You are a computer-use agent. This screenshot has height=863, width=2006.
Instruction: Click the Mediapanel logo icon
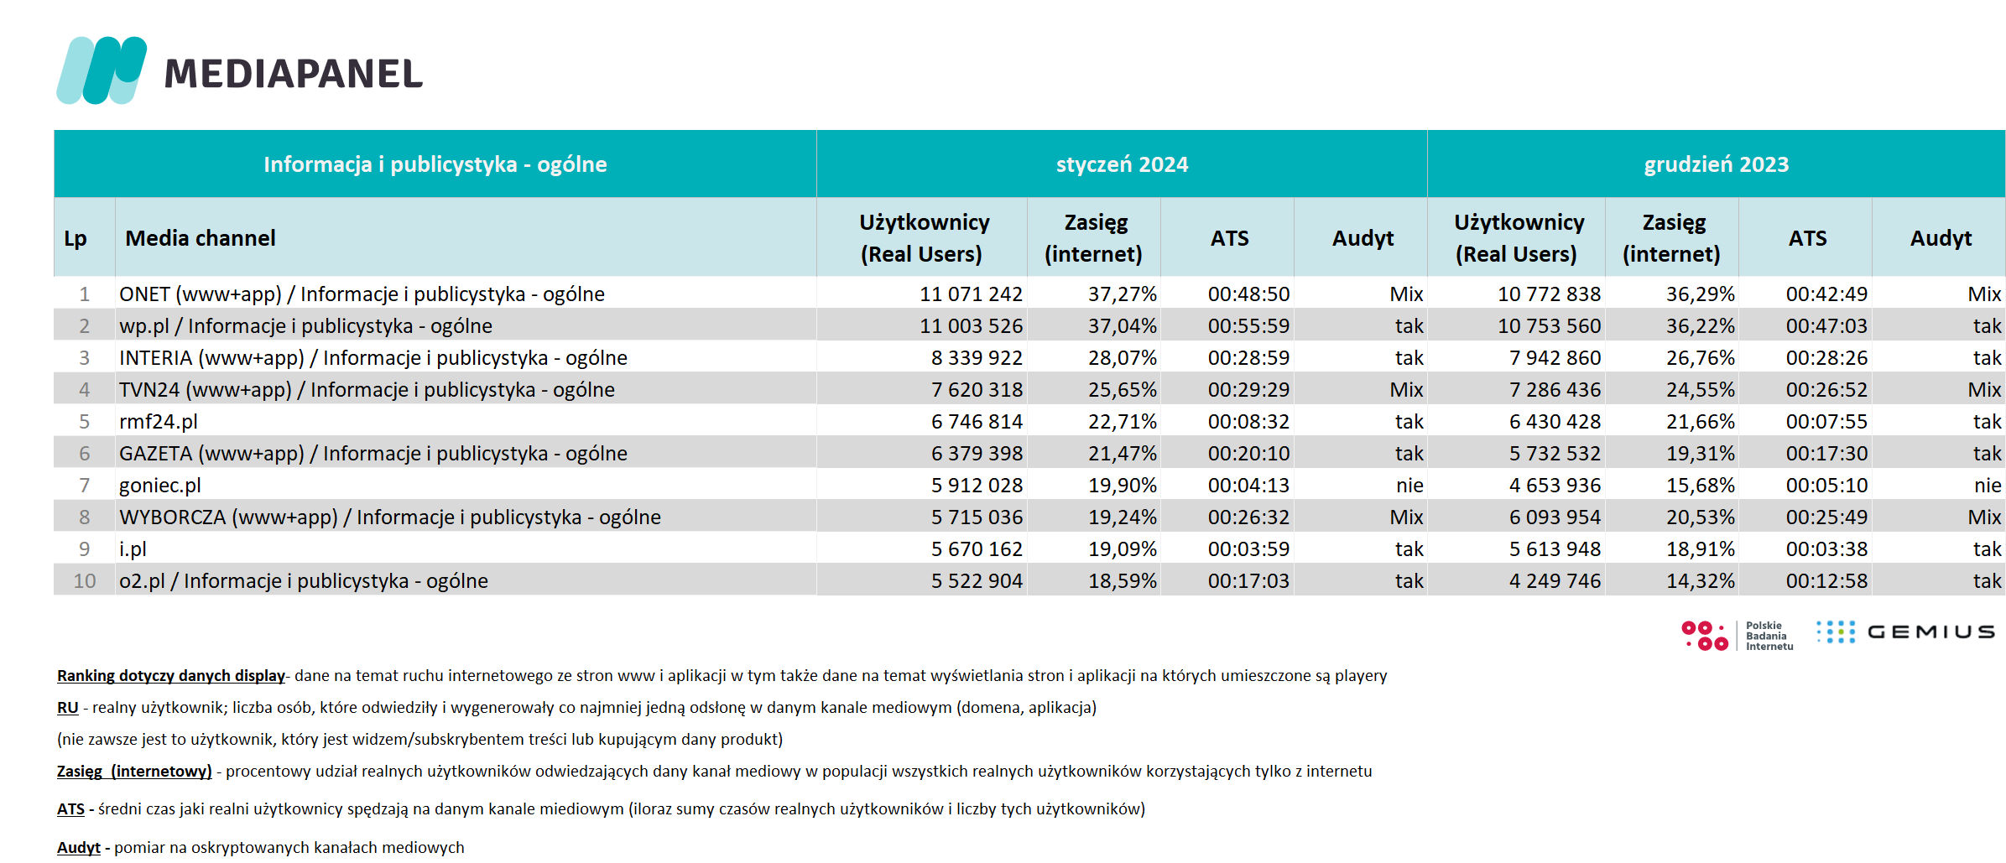click(102, 70)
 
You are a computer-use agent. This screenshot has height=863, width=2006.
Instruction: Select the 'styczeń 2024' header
click(1122, 164)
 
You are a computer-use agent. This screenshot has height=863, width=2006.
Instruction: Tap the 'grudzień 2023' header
click(1716, 164)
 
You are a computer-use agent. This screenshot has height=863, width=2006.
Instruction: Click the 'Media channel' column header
click(201, 238)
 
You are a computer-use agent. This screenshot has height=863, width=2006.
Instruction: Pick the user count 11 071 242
click(971, 294)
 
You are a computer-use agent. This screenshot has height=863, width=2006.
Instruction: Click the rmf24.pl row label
click(159, 422)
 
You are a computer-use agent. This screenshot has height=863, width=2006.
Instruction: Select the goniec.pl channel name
click(160, 486)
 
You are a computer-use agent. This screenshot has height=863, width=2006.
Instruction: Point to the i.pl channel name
click(133, 549)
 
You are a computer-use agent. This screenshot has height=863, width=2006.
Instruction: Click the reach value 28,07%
click(1123, 358)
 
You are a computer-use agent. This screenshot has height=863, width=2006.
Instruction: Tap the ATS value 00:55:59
click(1248, 326)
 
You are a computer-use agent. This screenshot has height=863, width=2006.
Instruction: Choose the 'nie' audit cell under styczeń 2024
click(1409, 486)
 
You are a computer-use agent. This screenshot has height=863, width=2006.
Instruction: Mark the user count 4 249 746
click(1555, 581)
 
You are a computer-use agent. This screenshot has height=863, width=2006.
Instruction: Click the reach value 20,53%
click(1700, 517)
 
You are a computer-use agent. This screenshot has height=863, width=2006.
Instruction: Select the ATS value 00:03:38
click(1826, 549)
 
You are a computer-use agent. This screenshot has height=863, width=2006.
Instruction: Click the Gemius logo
click(1905, 632)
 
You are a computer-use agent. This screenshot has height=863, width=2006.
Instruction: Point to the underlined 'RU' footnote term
click(68, 708)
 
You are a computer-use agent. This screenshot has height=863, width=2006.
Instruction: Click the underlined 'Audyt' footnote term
click(79, 848)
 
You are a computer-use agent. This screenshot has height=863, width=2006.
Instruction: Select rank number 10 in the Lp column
click(85, 581)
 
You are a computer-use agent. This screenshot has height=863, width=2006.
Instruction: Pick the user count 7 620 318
click(977, 390)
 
